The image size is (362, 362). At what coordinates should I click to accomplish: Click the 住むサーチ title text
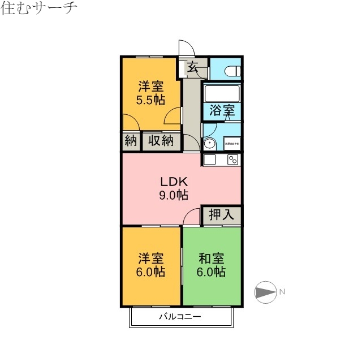point(38,8)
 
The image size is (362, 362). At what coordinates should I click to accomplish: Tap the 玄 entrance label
point(192,67)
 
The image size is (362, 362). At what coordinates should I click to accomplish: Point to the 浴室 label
point(222,111)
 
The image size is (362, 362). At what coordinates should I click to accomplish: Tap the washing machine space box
point(232,144)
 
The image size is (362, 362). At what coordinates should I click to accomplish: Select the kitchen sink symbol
point(209,160)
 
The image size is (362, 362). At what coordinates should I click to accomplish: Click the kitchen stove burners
point(232,160)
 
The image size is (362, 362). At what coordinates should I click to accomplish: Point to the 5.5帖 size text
point(150,100)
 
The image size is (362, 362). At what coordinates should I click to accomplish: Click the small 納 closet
point(131,141)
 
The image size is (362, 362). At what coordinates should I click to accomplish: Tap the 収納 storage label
point(161,141)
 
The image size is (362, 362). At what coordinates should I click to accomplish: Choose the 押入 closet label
point(221,215)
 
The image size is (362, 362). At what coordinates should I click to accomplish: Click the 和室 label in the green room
point(211,259)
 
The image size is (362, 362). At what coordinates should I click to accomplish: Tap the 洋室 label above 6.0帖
point(150,259)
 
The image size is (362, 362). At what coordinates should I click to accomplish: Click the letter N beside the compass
point(282,292)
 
